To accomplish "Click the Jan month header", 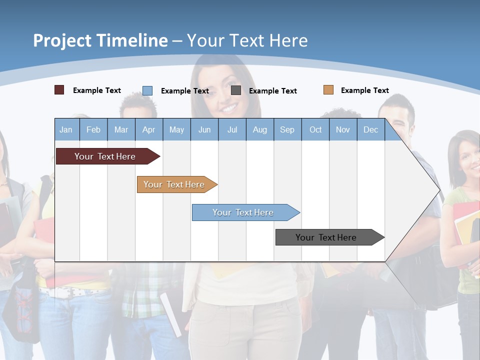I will point(66,129).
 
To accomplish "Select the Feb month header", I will point(93,129).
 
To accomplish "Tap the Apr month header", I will point(149,129).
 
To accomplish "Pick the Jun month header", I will point(204,129).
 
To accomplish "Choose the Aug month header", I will point(260,129).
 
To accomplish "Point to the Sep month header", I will point(287,129).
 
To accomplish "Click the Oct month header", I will point(315,129).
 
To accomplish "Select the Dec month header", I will point(371,129).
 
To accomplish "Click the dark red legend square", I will point(59,90).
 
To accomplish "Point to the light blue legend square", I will point(147,90).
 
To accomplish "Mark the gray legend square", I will point(236,90).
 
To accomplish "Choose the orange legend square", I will point(328,90).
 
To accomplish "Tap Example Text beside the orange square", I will point(364,90).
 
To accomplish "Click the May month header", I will point(176,129).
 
